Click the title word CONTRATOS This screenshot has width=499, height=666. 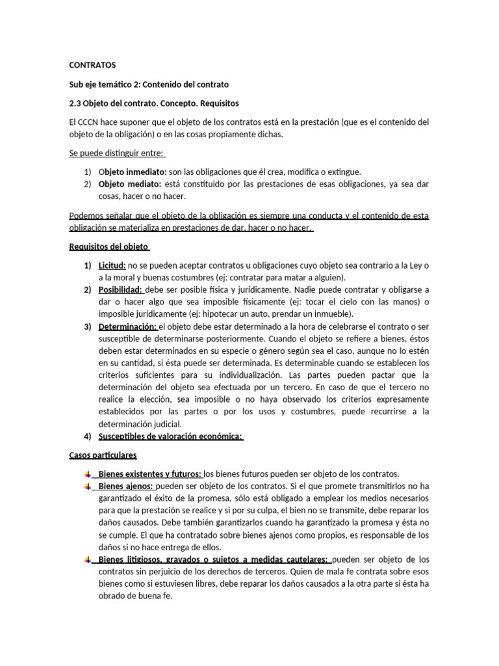point(92,66)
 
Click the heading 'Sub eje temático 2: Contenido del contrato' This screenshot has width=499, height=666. point(149,85)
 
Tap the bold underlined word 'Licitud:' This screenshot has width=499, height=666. point(112,265)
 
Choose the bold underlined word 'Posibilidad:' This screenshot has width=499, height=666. point(121,289)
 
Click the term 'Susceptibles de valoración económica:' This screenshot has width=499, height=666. point(171,436)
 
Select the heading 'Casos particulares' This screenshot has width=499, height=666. point(103,455)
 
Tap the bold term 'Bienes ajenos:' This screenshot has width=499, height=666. point(126,486)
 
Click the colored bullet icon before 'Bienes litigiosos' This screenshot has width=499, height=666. point(88,560)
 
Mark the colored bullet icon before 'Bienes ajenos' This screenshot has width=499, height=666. point(88,486)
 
